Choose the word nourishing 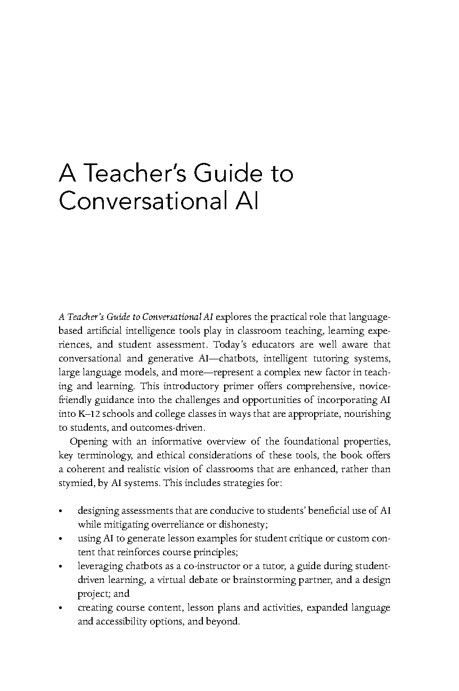(366, 414)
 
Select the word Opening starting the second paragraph (89, 441)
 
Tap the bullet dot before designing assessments (62, 511)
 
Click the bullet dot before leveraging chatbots (62, 566)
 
